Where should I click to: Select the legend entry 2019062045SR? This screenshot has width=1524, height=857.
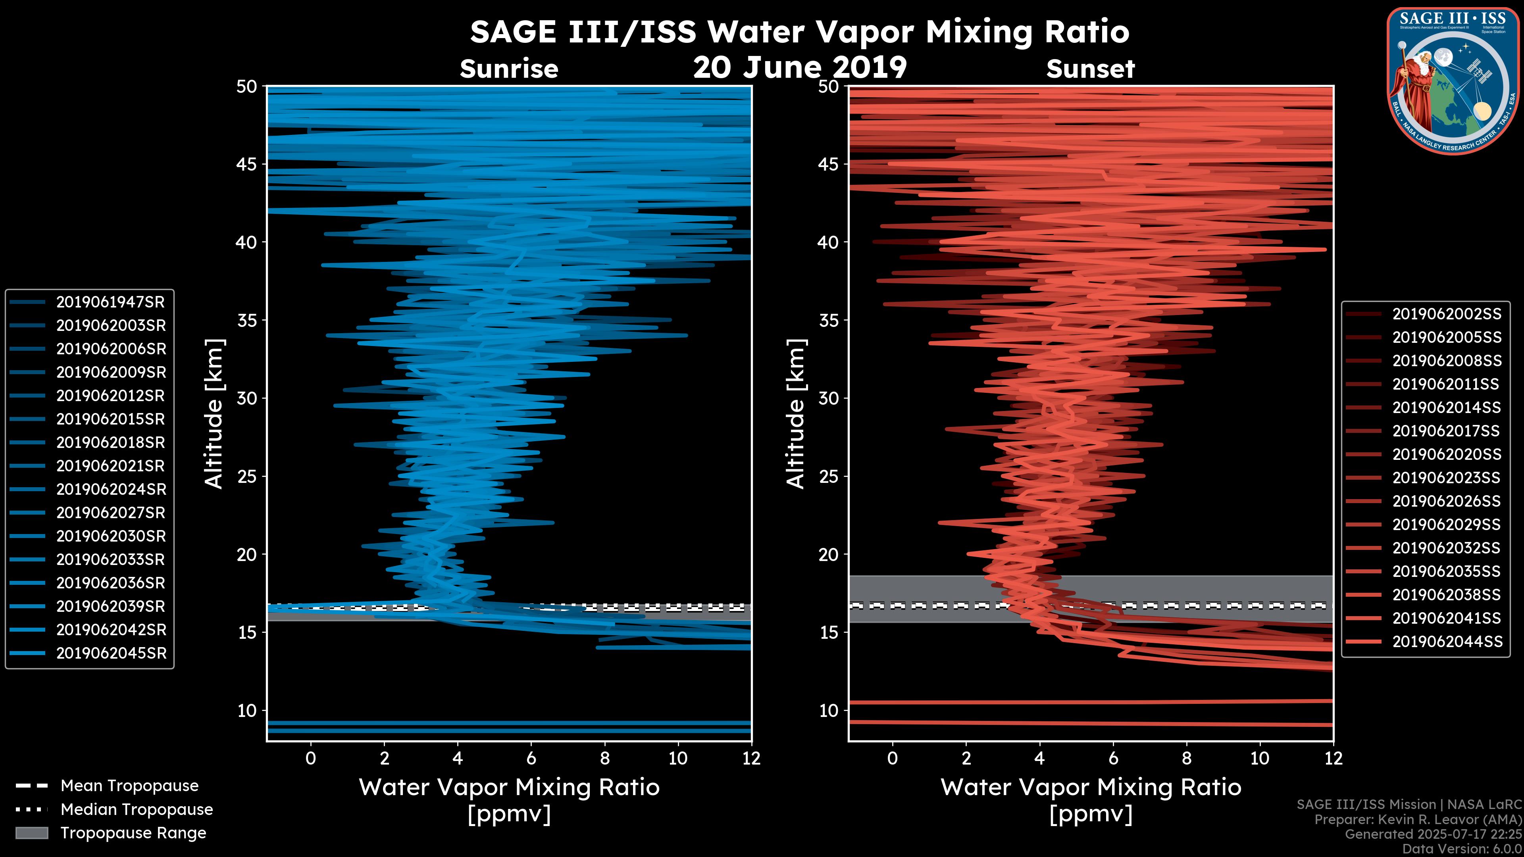tap(111, 653)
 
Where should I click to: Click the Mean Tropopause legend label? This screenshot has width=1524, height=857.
tap(129, 786)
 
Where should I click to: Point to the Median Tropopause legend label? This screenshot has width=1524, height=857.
tap(137, 810)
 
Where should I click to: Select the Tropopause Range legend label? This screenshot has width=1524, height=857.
tap(133, 833)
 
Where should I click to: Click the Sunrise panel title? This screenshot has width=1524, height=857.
tap(509, 69)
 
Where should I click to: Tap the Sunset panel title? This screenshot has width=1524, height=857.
tap(1090, 69)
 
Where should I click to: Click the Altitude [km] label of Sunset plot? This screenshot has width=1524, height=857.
tap(796, 414)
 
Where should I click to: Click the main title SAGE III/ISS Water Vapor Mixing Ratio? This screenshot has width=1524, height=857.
tap(800, 32)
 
